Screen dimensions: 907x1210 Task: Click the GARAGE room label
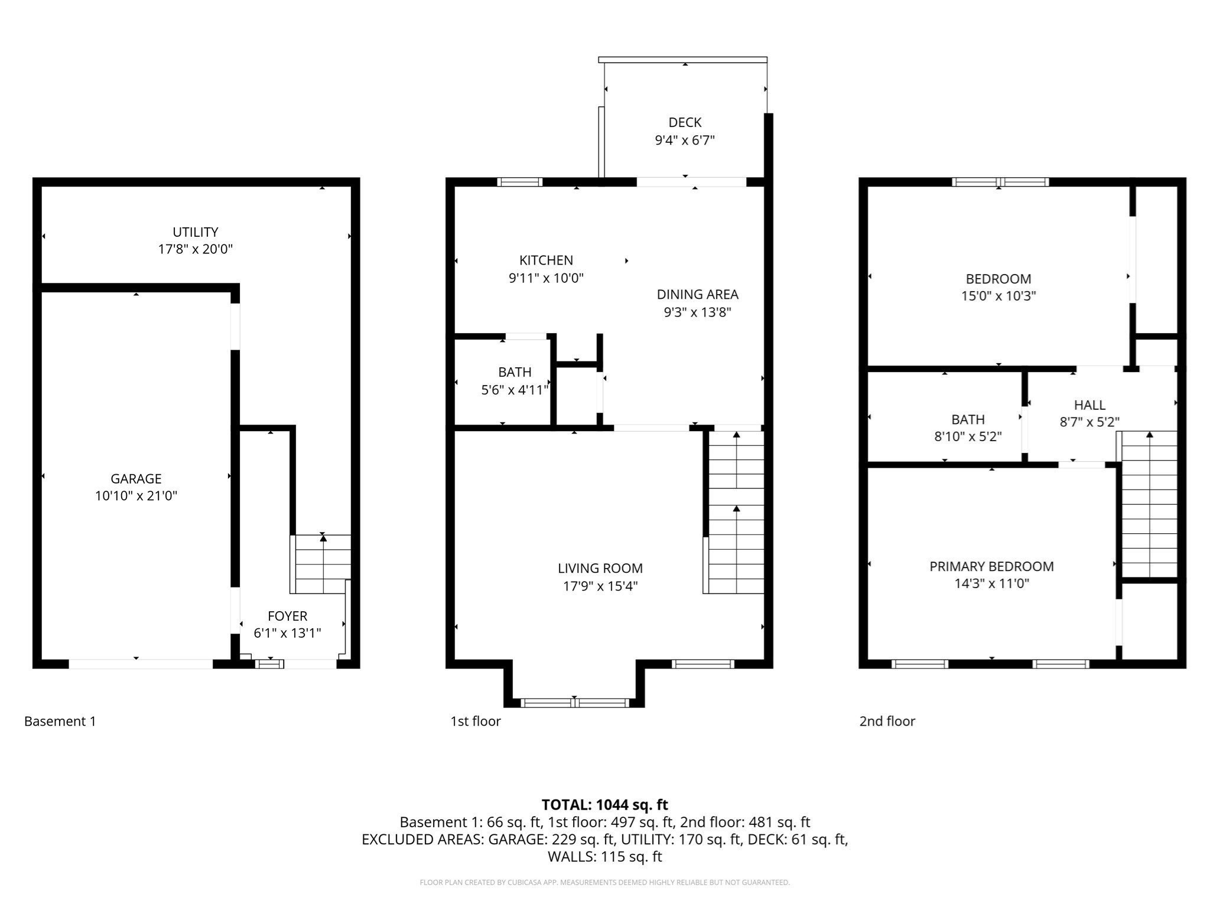tap(136, 478)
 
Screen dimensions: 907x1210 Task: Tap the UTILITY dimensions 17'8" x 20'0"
tap(195, 249)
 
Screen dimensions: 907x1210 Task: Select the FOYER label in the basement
tap(287, 616)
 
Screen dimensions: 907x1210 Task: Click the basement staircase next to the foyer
tap(323, 564)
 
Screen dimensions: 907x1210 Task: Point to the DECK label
tap(685, 122)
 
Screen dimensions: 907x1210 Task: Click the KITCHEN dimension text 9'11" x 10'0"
tap(546, 278)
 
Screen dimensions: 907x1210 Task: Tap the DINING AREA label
tap(697, 294)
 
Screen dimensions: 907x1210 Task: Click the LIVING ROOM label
tap(600, 568)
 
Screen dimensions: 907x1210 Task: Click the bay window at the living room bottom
tap(574, 703)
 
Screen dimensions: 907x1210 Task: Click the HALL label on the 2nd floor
tap(1089, 405)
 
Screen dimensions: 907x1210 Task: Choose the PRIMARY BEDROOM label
tap(991, 566)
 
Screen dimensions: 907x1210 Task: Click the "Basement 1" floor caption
tap(60, 721)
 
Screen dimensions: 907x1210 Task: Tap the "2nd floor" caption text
tap(887, 721)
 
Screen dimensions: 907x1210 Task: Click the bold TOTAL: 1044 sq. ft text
tap(604, 804)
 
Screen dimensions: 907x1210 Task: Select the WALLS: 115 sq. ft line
tap(604, 856)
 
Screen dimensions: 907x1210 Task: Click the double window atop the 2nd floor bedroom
tap(1000, 182)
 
